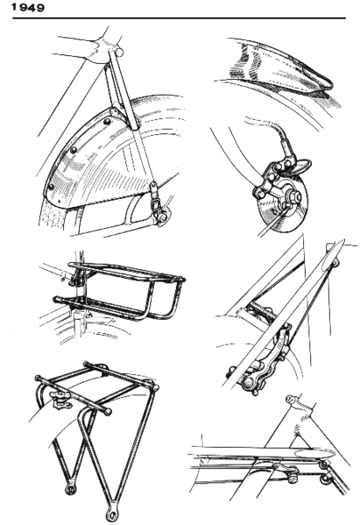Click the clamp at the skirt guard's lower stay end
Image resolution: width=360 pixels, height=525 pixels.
[x=156, y=208]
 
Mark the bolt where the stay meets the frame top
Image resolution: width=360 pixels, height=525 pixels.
[x=116, y=53]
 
